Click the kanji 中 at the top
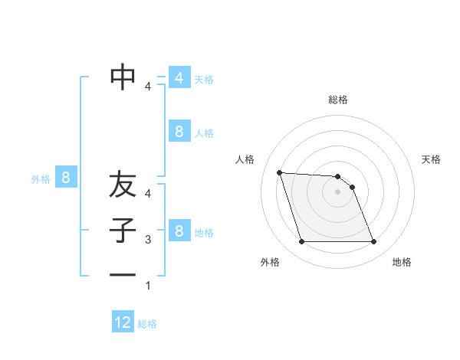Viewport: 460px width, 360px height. pos(123,77)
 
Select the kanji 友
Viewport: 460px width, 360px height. pos(123,185)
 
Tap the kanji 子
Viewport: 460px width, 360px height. pos(123,231)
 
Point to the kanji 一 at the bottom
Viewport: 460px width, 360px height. pos(123,275)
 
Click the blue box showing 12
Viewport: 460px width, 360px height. pos(123,322)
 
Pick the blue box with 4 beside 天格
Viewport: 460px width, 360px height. pos(179,78)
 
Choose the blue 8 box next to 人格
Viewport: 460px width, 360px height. pos(179,132)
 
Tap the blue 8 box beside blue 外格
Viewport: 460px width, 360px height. pos(66,178)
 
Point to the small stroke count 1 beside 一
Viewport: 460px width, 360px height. pos(148,286)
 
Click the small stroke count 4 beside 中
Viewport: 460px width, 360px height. pos(148,87)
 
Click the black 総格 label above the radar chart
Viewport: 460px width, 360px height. pos(338,100)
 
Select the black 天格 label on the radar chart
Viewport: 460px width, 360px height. pos(431,159)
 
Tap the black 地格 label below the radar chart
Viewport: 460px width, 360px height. pos(402,262)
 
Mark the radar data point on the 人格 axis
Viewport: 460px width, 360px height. pos(280,172)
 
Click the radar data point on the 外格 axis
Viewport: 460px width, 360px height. pos(301,242)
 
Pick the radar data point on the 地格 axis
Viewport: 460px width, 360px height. pos(374,242)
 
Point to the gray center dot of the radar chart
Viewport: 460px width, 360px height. pos(338,191)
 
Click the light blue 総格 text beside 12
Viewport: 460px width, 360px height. pos(147,324)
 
